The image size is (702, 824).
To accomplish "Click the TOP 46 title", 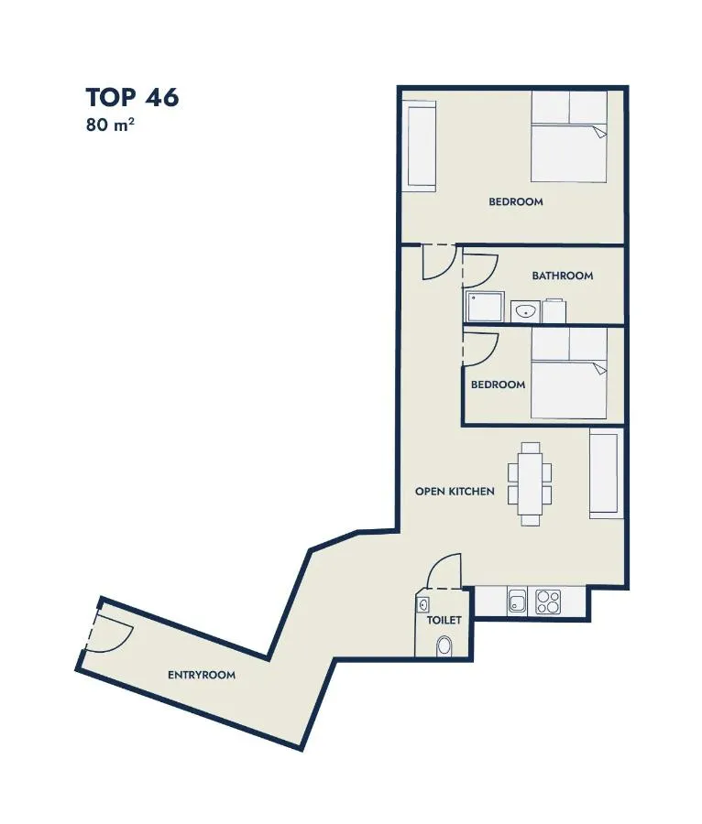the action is click(x=132, y=98).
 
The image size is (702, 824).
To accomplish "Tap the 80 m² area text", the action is click(x=110, y=125).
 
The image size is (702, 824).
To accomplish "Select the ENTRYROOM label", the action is click(x=202, y=675).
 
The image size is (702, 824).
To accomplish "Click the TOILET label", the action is click(x=444, y=620).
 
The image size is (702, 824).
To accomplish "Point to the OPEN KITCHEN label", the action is click(x=455, y=492).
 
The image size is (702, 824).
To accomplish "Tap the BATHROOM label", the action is click(x=563, y=276).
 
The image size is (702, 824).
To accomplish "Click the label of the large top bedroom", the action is click(x=516, y=201).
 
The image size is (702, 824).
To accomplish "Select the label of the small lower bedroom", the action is click(x=498, y=385).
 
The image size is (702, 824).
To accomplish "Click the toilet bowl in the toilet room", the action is click(x=444, y=646).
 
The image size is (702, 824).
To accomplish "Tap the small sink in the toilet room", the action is click(x=422, y=605).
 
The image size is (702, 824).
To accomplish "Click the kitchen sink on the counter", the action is click(x=517, y=602).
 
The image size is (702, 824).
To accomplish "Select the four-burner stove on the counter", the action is click(x=548, y=602).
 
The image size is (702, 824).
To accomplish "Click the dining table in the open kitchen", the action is click(x=530, y=484).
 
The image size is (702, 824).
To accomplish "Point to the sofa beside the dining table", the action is click(x=607, y=473).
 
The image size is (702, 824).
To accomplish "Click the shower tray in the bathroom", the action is click(x=486, y=307).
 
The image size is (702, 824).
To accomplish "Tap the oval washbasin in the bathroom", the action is click(x=525, y=312).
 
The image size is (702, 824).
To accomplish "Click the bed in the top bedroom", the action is click(x=569, y=137).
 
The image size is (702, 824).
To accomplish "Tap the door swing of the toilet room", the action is click(x=444, y=570).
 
